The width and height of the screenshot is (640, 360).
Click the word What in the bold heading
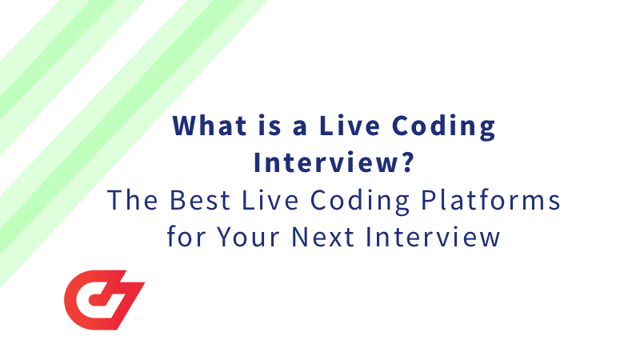pos(207,127)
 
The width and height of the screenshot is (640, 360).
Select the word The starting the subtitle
pos(129,202)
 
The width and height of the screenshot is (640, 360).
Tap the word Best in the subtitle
pos(194,202)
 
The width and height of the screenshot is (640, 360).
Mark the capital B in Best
pos(174,202)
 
